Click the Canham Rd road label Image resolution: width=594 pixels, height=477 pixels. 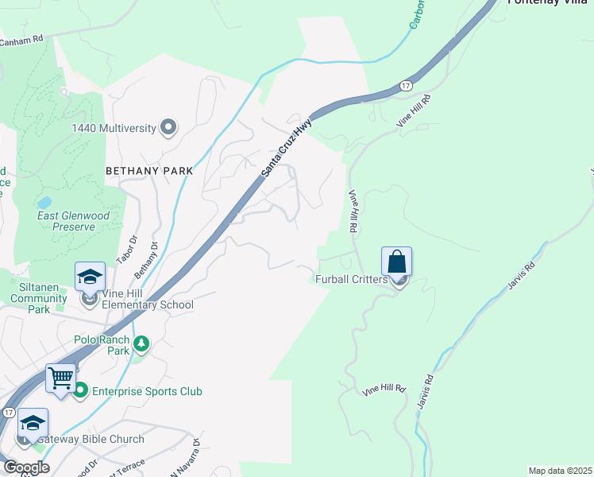(21, 40)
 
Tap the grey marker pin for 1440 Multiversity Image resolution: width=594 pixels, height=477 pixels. (168, 127)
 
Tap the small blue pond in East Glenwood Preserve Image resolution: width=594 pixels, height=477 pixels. (44, 203)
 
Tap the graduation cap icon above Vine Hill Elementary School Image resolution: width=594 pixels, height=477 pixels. (90, 277)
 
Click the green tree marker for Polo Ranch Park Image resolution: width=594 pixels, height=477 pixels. (141, 343)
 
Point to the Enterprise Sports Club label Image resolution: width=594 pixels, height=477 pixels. (147, 391)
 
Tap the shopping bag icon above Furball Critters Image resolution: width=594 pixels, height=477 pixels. (396, 261)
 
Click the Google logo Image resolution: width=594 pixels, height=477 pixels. (25, 467)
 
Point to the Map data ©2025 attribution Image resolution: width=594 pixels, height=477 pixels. (559, 471)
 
